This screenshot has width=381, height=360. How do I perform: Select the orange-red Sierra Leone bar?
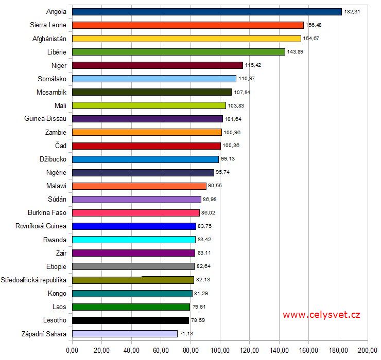[x=187, y=25]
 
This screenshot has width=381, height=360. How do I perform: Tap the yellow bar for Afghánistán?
[x=186, y=38]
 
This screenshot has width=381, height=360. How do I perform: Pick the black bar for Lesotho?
[x=130, y=320]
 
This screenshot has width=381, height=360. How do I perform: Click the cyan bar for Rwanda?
[x=134, y=239]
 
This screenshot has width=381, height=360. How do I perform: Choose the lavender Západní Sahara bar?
[x=125, y=333]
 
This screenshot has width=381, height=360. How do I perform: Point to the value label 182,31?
[x=352, y=11]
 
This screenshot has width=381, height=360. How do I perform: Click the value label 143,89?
[x=295, y=52]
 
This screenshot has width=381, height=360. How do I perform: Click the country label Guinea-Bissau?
[x=45, y=119]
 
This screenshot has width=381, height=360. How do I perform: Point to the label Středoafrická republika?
[x=34, y=280]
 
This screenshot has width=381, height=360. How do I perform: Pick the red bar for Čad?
[x=146, y=146]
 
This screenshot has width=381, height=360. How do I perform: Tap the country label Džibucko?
[x=53, y=159]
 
